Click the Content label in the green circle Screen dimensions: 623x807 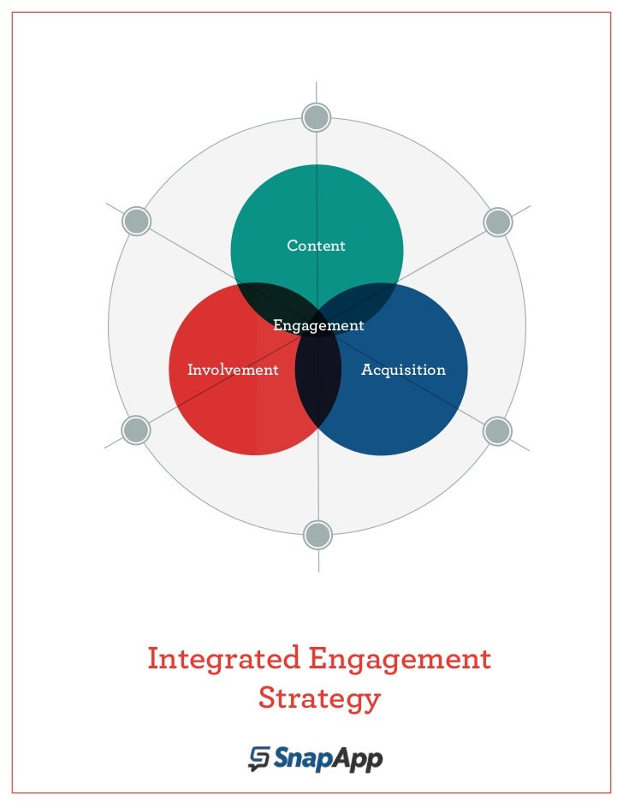316,246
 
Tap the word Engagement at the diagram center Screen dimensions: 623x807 318,326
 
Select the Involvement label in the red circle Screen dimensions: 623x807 233,371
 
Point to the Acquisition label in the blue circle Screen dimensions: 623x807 403,371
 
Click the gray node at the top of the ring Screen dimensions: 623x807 317,117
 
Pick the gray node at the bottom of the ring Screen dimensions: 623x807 317,535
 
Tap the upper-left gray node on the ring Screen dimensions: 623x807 136,222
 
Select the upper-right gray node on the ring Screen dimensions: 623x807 497,222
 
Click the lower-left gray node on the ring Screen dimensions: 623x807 136,430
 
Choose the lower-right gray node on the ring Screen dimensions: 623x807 497,430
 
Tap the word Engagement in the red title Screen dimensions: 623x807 400,660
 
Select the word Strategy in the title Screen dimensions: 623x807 318,698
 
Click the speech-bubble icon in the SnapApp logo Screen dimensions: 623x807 259,758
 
